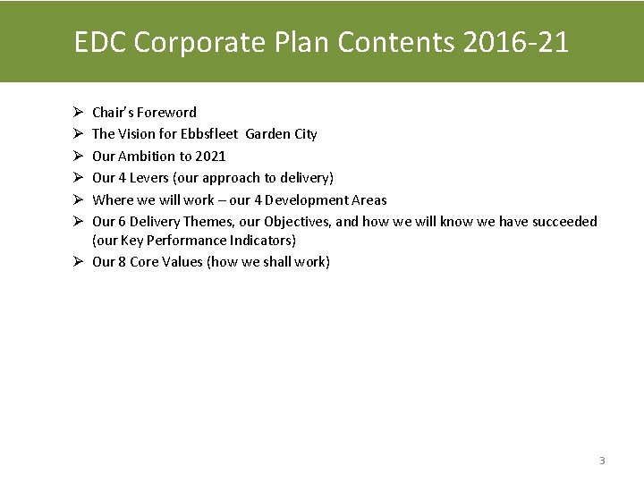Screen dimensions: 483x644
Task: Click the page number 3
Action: pos(602,461)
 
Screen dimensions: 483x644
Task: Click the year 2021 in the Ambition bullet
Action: pos(210,157)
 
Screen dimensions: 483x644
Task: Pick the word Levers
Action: pos(149,178)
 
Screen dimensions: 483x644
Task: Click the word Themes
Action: pos(211,222)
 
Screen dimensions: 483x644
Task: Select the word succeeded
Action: pos(564,222)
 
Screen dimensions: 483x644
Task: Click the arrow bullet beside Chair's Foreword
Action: pos(79,113)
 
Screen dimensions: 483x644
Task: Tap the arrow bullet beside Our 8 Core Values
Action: pos(79,262)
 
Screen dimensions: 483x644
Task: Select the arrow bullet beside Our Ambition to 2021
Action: pos(79,157)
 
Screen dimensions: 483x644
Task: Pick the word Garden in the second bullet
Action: pos(267,134)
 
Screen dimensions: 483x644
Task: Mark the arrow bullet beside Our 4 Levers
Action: pos(79,178)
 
